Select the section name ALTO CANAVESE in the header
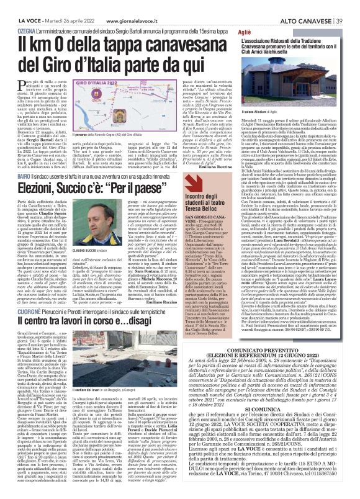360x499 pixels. coord(304,5)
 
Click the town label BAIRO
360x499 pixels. coord(25,158)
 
